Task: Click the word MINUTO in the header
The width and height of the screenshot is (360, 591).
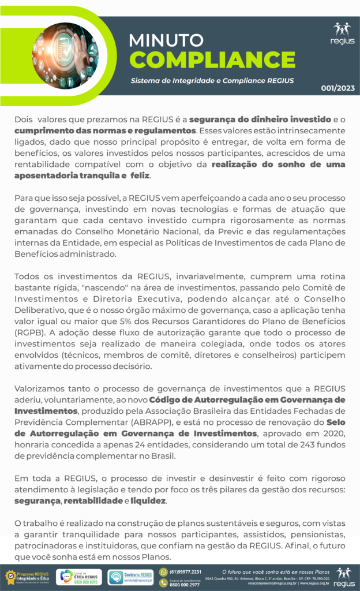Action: pyautogui.click(x=166, y=40)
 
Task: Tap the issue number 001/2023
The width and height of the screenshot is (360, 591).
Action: pyautogui.click(x=337, y=88)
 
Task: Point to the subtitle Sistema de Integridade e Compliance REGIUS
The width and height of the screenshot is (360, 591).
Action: pyautogui.click(x=212, y=80)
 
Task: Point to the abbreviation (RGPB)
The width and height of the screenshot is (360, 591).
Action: pyautogui.click(x=29, y=333)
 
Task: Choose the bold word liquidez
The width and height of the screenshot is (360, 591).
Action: pyautogui.click(x=148, y=500)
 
